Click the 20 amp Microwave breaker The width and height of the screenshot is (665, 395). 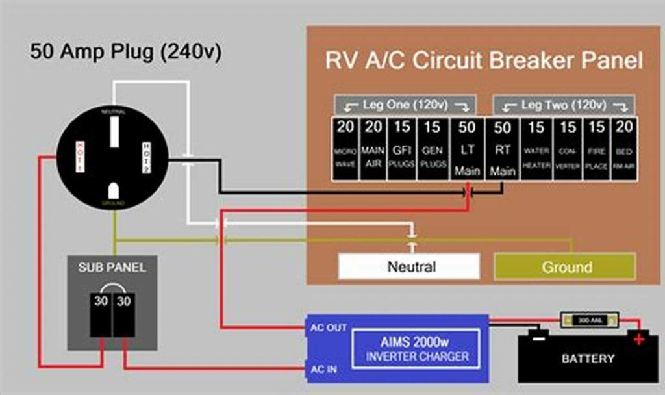coord(344,147)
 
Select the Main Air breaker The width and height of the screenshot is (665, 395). coord(373,147)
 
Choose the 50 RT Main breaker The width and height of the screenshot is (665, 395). coord(502,148)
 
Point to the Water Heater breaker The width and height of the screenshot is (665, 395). coord(536,147)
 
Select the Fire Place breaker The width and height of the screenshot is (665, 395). coord(596,147)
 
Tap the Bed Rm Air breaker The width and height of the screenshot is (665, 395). coord(624,147)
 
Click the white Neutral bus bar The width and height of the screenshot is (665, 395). coord(409,266)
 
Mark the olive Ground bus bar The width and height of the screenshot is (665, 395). coord(565,266)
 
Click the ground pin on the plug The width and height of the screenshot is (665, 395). coord(113,190)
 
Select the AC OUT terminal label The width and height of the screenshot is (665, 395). coord(328,328)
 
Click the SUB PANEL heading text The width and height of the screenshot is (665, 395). coord(112,267)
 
